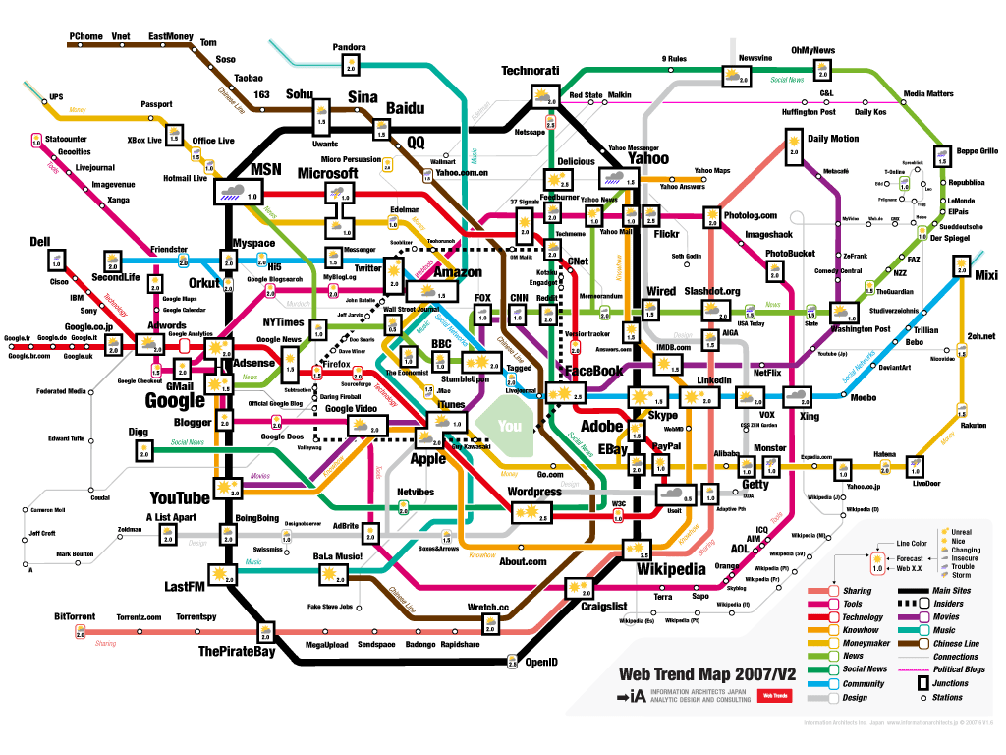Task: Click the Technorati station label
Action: [x=530, y=71]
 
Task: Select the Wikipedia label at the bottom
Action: [x=671, y=569]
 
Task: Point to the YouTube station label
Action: [x=180, y=497]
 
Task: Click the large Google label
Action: [x=176, y=400]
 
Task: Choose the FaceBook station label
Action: [x=594, y=371]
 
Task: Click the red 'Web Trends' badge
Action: [x=773, y=696]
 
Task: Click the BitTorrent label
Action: [x=75, y=616]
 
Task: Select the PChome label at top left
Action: [x=85, y=36]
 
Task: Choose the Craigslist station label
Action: [x=603, y=607]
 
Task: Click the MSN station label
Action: [x=266, y=169]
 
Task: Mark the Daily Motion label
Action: [x=832, y=139]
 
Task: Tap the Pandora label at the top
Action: [x=349, y=47]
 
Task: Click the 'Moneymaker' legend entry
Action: [x=862, y=643]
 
